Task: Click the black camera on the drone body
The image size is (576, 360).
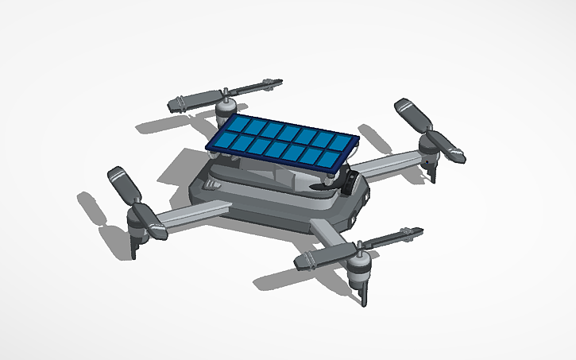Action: (350, 184)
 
